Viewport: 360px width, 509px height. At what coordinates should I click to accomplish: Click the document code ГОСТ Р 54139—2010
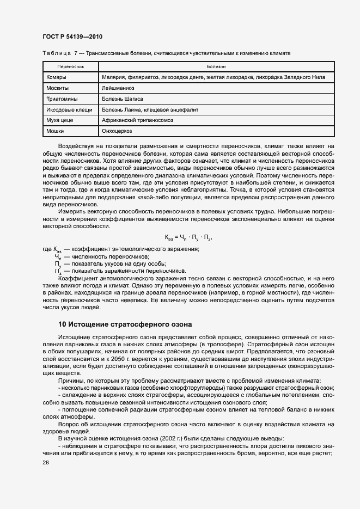[x=72, y=36]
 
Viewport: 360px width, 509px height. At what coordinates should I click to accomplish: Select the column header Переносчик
[x=69, y=66]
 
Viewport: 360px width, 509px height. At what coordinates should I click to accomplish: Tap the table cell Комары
[x=57, y=77]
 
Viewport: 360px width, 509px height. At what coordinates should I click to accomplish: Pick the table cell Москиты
[x=58, y=88]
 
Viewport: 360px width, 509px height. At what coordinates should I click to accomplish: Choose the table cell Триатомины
[x=62, y=99]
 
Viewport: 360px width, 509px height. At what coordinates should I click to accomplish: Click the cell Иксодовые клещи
[x=69, y=109]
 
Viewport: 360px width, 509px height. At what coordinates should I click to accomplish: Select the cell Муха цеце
[x=60, y=120]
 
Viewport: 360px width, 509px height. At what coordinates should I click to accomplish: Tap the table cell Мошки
[x=56, y=131]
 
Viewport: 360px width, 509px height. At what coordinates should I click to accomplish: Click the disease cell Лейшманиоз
[x=118, y=88]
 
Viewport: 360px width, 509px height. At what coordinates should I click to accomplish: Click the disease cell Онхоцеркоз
[x=117, y=131]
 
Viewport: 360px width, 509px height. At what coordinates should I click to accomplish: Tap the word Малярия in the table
[x=114, y=77]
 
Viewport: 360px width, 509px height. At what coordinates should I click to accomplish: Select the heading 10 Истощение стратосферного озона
[x=125, y=324]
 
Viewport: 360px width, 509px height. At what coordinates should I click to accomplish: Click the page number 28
[x=45, y=462]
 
